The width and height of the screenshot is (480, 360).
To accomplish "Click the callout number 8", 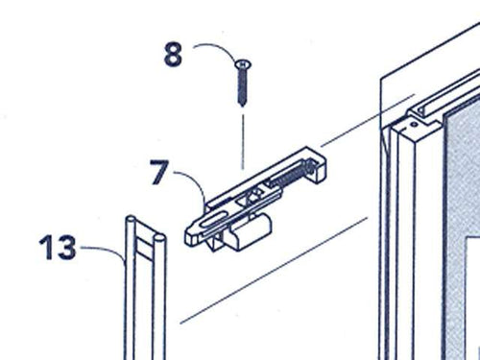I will coord(172,55).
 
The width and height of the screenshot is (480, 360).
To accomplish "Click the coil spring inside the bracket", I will coord(284,176).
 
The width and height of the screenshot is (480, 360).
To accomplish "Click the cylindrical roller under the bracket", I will coord(252,230).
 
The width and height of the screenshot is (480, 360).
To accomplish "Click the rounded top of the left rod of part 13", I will coord(129,224).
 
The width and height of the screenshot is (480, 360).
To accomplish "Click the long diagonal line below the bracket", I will coord(278,269).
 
